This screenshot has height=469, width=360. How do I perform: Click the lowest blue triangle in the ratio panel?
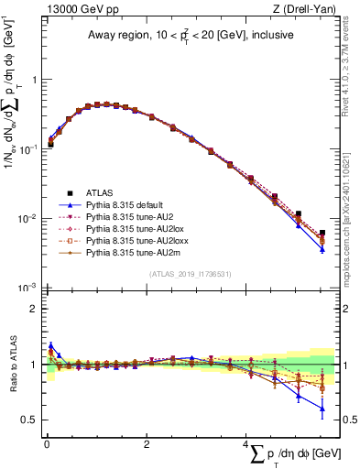(x=322, y=409)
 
